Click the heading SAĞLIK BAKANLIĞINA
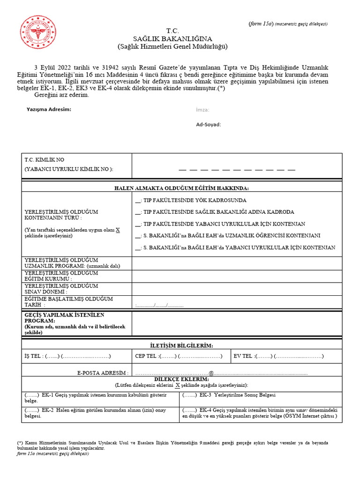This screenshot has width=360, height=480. click(172, 38)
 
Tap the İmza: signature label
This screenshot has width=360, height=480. click(202, 110)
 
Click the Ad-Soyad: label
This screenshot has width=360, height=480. click(208, 125)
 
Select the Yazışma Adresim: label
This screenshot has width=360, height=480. click(49, 109)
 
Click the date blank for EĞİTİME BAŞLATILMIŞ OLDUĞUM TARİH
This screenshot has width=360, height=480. click(159, 305)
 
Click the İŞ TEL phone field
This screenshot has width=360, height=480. click(77, 356)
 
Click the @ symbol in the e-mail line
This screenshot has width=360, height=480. click(211, 373)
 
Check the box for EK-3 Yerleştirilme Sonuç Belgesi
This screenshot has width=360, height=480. click(189, 395)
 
